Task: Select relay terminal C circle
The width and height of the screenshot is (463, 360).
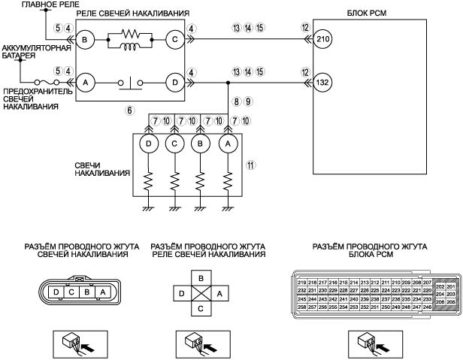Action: tap(174, 40)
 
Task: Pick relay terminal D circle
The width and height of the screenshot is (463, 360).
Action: tap(174, 80)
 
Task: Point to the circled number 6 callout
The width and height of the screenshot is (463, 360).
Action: tap(130, 110)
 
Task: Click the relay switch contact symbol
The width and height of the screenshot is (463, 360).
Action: tap(129, 79)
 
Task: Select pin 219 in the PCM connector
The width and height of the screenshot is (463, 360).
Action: tap(302, 282)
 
